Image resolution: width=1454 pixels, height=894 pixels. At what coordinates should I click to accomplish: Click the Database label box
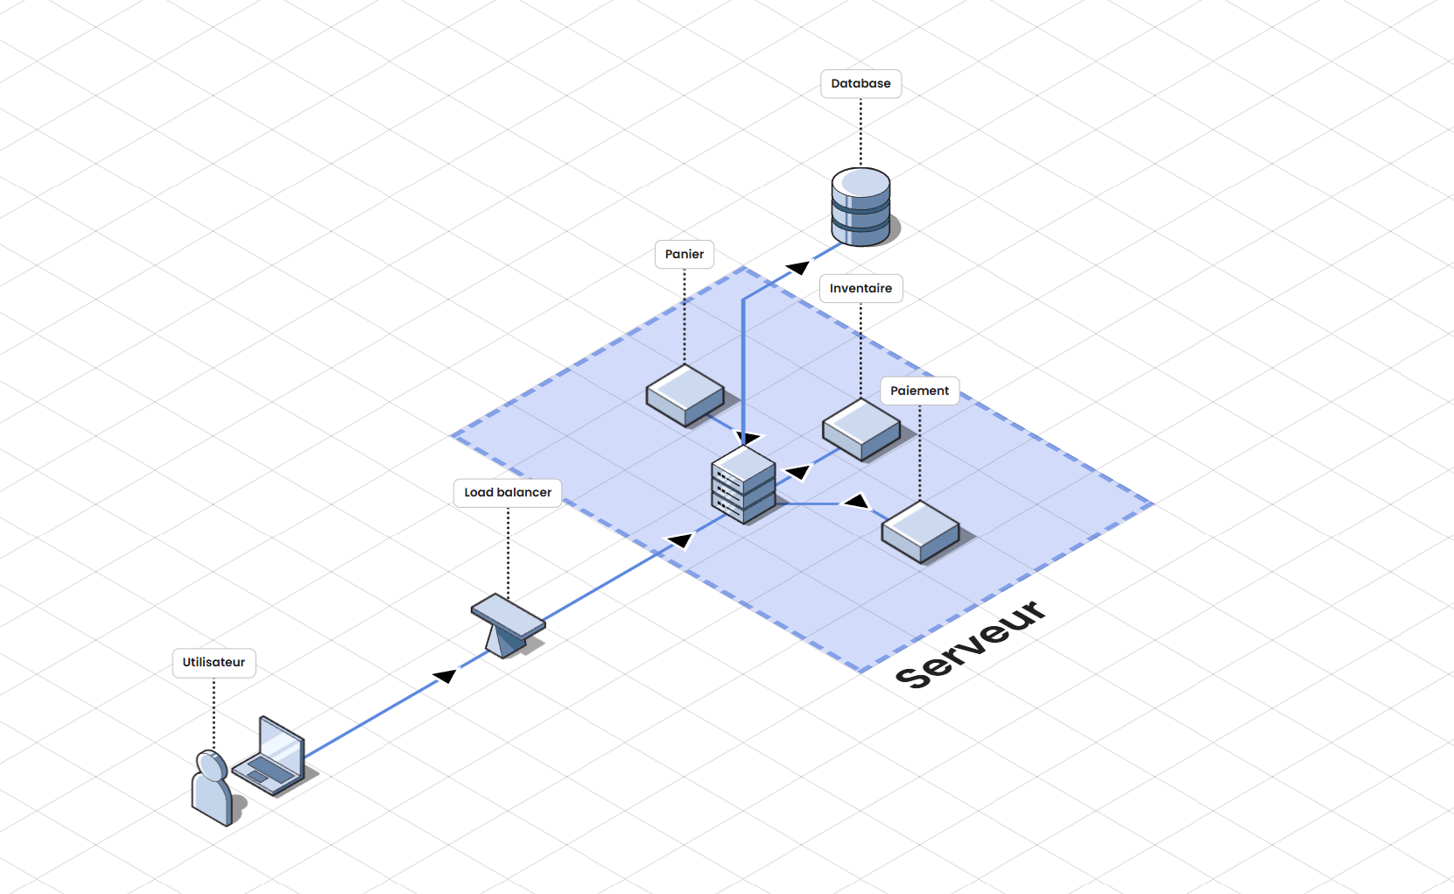860,84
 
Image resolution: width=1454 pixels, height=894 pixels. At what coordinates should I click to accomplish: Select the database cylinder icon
860,207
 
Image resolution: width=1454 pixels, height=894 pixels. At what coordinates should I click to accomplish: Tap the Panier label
685,255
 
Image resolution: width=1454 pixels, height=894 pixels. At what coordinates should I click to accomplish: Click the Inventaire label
860,289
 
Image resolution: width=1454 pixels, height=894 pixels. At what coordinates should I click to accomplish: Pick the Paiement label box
919,391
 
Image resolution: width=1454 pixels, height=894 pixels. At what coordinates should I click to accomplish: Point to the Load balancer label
508,493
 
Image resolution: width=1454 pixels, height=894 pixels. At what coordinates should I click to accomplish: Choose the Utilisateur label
214,663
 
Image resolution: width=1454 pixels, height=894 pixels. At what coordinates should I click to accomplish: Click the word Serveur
971,645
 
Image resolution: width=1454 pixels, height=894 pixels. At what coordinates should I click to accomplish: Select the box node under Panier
685,395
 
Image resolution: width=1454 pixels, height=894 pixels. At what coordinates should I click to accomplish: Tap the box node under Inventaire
861,429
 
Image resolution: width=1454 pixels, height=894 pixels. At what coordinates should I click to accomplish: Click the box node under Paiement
920,531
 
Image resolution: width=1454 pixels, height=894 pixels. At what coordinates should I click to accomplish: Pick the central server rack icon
743,484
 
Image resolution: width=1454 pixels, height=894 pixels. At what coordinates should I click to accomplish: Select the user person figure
212,788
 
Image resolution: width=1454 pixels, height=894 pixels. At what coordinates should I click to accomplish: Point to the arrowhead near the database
797,267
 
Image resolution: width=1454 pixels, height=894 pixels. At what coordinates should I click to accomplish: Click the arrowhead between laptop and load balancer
446,675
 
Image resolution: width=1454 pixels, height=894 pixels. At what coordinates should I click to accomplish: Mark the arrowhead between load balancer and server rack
680,539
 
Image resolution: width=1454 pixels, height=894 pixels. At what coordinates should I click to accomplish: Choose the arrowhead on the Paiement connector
855,501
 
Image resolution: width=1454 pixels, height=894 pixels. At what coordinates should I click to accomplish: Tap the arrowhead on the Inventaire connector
797,473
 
